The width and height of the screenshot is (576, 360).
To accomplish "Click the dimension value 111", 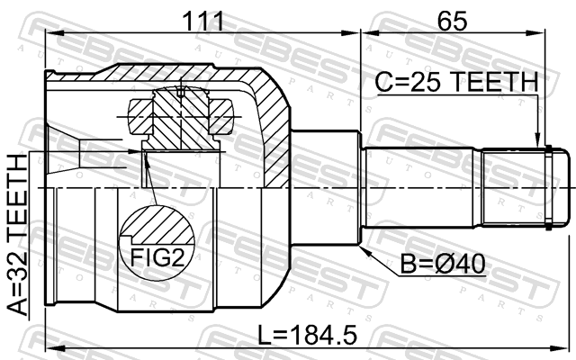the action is pyautogui.click(x=203, y=21).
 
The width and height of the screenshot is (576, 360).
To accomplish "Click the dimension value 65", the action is pyautogui.click(x=452, y=21).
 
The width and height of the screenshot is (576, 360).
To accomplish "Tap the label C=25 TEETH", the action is pyautogui.click(x=456, y=82).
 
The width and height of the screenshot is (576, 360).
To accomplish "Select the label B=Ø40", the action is pyautogui.click(x=442, y=264).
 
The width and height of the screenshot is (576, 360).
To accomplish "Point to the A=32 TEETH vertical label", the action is pyautogui.click(x=18, y=234).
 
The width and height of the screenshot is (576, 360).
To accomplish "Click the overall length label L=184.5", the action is pyautogui.click(x=307, y=335).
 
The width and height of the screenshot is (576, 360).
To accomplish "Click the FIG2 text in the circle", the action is pyautogui.click(x=157, y=257).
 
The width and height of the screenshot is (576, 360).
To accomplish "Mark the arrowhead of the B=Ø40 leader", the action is pyautogui.click(x=364, y=250).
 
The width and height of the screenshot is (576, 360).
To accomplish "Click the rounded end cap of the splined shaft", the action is pyautogui.click(x=562, y=188).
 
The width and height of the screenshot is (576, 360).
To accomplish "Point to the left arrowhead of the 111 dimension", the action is pyautogui.click(x=54, y=33).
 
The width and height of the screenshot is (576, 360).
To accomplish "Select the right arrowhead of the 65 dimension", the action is pyautogui.click(x=536, y=33).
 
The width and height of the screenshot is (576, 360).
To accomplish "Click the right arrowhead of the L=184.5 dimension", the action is pyautogui.click(x=562, y=347).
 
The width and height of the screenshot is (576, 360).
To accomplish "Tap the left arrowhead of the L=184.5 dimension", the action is pyautogui.click(x=54, y=347).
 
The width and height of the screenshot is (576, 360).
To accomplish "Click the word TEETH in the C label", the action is pyautogui.click(x=494, y=82).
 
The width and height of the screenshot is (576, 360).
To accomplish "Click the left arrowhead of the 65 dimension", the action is pyautogui.click(x=370, y=33).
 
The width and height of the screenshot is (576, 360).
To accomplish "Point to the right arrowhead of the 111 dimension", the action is pyautogui.click(x=350, y=33).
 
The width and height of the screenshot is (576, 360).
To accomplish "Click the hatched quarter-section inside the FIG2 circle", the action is pyautogui.click(x=158, y=225).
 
